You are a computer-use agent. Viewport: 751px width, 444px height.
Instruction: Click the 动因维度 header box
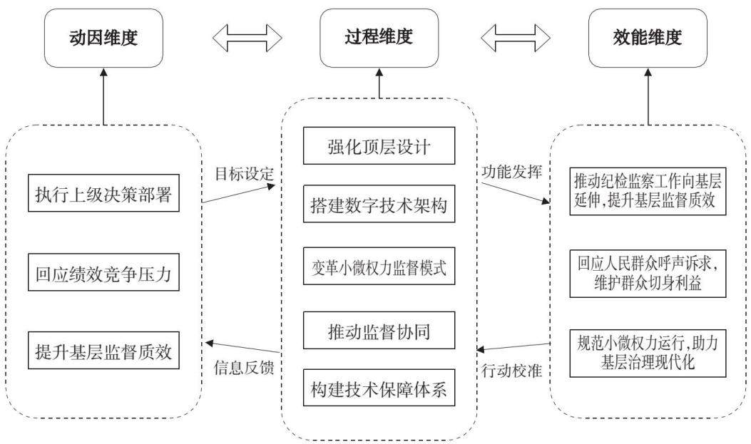(103, 38)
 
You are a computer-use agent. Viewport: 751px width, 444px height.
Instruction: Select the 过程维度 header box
(379, 38)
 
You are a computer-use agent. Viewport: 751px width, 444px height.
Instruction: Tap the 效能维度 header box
(648, 38)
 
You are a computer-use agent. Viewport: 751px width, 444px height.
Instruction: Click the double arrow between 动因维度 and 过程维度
(247, 37)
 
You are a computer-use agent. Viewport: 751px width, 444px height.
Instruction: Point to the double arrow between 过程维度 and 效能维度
(516, 37)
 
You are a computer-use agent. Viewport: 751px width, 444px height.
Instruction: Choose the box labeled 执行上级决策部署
(103, 193)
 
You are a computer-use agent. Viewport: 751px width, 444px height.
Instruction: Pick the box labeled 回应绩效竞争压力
(103, 272)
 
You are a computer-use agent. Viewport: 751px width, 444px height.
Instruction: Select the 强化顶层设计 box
(379, 146)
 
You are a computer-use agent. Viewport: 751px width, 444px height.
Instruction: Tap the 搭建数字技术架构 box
(379, 205)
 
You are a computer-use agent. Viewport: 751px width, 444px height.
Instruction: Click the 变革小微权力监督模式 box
(379, 266)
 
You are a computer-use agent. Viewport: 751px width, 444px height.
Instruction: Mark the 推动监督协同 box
(379, 331)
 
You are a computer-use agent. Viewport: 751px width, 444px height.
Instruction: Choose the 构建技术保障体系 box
(379, 388)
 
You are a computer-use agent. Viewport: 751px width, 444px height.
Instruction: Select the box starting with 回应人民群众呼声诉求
(648, 274)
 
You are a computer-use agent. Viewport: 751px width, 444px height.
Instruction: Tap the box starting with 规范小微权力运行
(648, 353)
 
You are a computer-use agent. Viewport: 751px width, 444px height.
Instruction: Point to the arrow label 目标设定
(244, 174)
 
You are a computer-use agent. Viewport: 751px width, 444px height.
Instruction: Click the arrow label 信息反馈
(244, 368)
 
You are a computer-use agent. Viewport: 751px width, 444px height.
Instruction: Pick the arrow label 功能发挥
(512, 172)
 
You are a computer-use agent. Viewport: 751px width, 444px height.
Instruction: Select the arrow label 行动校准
(512, 370)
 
